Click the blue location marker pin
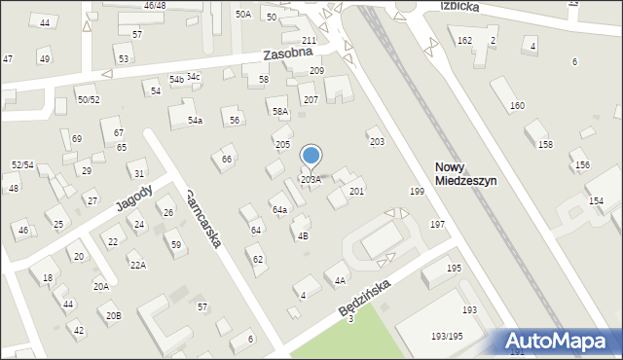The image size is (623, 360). pyautogui.click(x=311, y=156)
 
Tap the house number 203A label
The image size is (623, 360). pyautogui.click(x=311, y=180)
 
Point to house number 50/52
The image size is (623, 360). pyautogui.click(x=89, y=100)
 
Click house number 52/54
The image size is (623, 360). pyautogui.click(x=22, y=165)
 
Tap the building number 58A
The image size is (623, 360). pyautogui.click(x=280, y=113)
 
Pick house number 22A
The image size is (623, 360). pyautogui.click(x=138, y=265)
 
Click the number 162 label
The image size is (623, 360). pyautogui.click(x=464, y=40)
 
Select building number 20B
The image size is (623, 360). pyautogui.click(x=114, y=315)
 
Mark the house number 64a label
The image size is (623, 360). pyautogui.click(x=279, y=210)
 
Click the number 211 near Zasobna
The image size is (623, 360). pyautogui.click(x=309, y=40)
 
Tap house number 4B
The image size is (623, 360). pyautogui.click(x=303, y=235)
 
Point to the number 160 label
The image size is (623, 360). pyautogui.click(x=517, y=105)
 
